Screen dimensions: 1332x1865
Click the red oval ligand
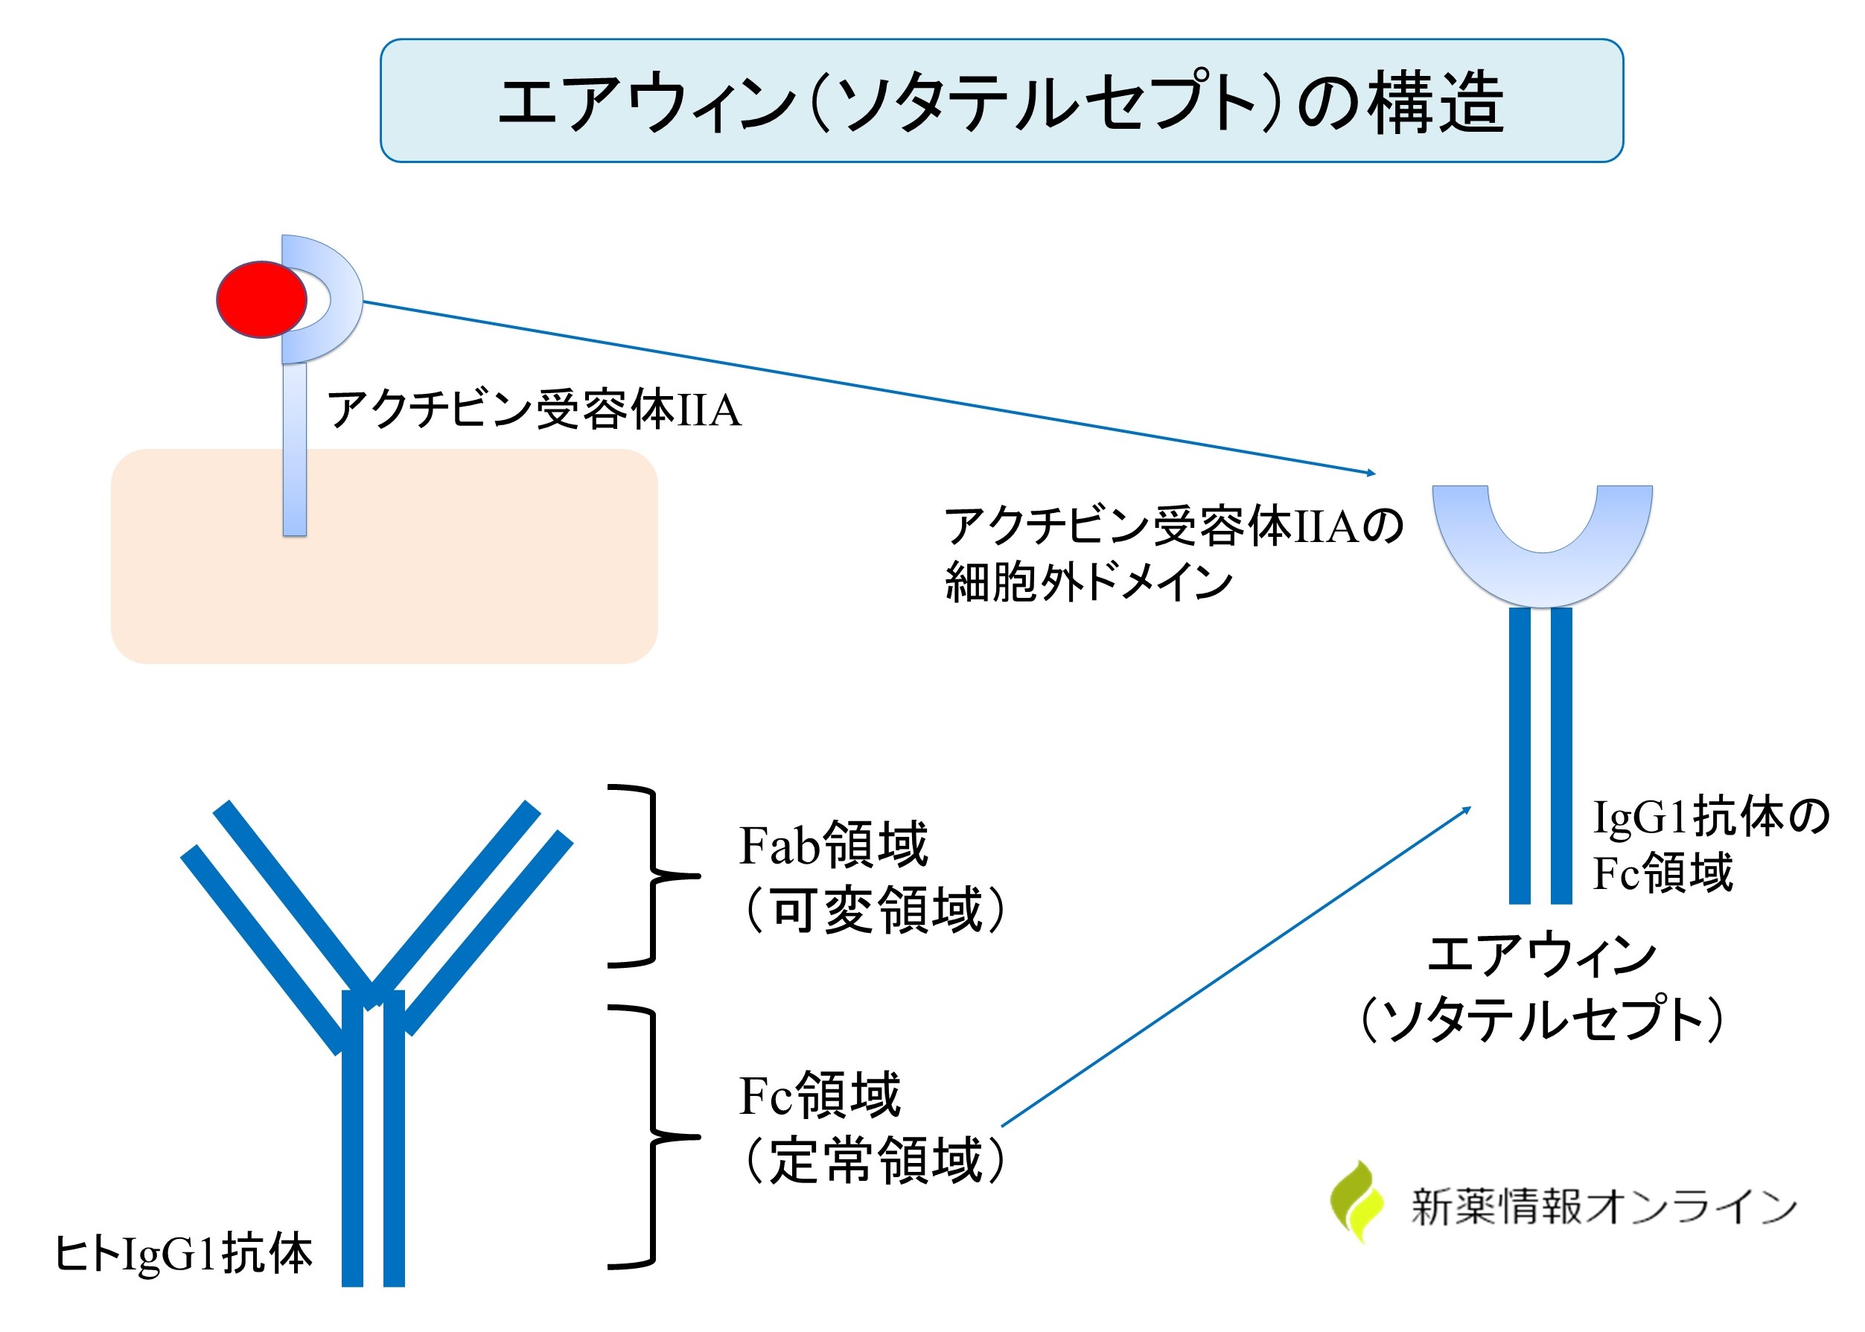[261, 299]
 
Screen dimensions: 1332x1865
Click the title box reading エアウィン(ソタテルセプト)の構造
[1001, 101]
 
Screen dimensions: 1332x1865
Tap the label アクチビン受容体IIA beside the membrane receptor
[534, 410]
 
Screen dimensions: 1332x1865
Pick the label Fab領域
[833, 845]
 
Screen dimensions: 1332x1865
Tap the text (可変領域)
[874, 911]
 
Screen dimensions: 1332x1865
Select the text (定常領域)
[874, 1161]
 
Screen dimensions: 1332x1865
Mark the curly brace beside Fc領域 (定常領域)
[654, 1137]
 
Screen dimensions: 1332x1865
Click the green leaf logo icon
[1356, 1202]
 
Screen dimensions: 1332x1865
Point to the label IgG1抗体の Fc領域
[1710, 845]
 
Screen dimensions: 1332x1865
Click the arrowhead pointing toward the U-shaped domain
[1371, 473]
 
